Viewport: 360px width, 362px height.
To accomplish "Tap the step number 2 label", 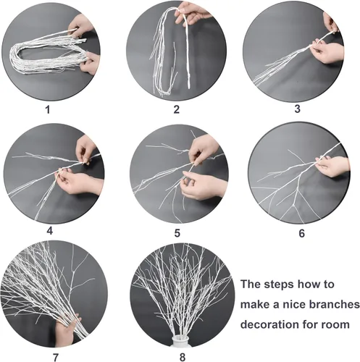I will [176, 111].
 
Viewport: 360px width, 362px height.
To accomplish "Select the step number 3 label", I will [297, 109].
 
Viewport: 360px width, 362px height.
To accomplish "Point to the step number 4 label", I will [49, 231].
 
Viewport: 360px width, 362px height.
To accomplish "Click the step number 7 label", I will [55, 355].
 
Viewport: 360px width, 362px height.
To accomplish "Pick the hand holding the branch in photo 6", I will [334, 167].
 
